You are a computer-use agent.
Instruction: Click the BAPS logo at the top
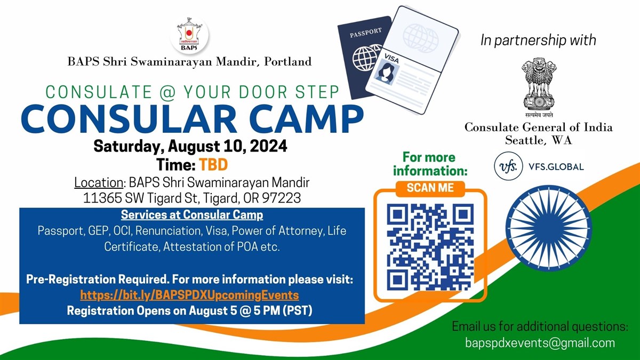189,35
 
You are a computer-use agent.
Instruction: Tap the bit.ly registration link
189,295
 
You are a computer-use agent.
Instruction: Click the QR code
430,246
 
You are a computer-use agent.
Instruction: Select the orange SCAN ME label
430,188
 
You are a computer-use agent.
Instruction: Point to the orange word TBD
213,165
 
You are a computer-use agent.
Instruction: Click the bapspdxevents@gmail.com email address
540,343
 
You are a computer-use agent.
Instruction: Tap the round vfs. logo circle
508,166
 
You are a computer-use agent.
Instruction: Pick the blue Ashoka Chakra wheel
549,228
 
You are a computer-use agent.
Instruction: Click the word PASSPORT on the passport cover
366,33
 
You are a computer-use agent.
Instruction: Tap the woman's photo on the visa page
386,74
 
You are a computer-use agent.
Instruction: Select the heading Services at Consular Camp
192,215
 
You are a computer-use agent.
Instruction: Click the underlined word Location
99,182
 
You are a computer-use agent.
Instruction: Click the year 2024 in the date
268,146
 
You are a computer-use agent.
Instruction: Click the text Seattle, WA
539,140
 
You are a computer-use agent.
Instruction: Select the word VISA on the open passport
391,58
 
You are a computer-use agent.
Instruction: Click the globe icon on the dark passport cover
365,59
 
